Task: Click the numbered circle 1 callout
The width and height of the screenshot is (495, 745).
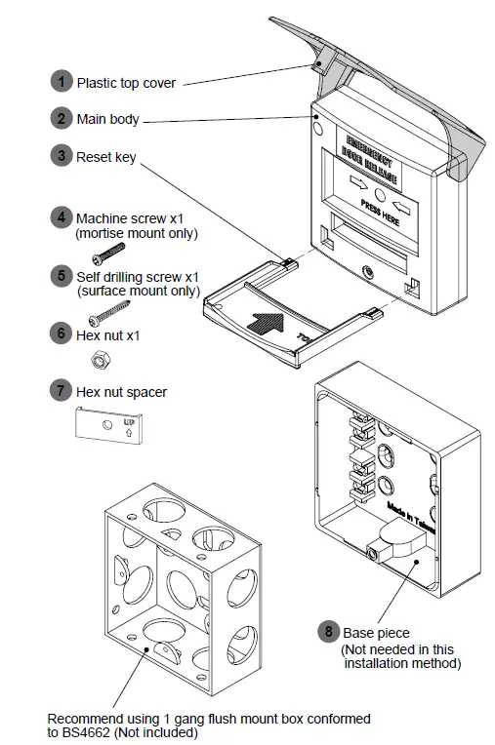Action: click(62, 83)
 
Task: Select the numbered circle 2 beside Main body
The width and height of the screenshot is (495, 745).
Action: click(62, 119)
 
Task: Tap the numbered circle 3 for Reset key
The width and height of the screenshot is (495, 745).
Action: click(62, 156)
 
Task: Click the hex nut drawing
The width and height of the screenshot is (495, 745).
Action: click(99, 361)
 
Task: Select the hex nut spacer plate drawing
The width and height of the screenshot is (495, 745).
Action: click(109, 424)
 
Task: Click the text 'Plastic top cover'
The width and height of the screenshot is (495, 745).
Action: click(126, 84)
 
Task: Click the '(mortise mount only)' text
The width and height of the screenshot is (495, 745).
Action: click(137, 234)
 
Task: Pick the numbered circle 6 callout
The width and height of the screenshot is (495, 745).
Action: click(62, 333)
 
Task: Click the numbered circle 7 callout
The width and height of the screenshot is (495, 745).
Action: click(62, 391)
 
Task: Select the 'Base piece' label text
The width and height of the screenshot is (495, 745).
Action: click(377, 632)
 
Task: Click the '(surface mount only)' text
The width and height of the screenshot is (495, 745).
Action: click(139, 292)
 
